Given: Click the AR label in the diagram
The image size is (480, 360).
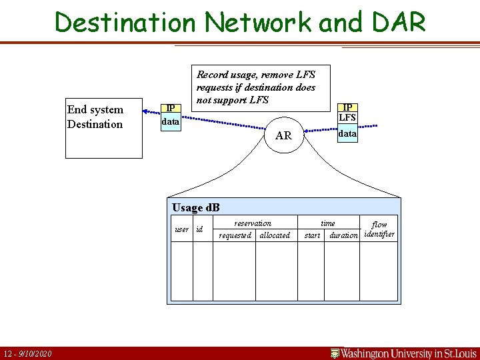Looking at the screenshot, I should (283, 135).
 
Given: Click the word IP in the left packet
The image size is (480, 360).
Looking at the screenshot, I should (171, 109).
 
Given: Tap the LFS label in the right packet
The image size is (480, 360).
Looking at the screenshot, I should (347, 118).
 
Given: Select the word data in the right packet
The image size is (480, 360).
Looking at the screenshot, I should (347, 133).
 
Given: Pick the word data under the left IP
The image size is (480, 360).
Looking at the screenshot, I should (171, 122).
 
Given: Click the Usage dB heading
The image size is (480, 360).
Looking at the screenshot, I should (196, 207).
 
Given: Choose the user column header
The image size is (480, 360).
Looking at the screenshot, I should (181, 229).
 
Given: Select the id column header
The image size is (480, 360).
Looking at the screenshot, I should (199, 229).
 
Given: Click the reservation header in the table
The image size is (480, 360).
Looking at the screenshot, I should (253, 223).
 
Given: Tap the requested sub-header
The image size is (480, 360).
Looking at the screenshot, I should (235, 235).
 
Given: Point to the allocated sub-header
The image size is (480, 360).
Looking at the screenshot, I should (275, 235).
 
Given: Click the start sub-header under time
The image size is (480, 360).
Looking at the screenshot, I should (312, 235).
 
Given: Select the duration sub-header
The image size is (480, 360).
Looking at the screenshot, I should (344, 235).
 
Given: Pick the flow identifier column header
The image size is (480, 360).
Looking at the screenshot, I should (379, 229).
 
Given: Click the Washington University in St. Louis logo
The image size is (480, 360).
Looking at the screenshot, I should (404, 353).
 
